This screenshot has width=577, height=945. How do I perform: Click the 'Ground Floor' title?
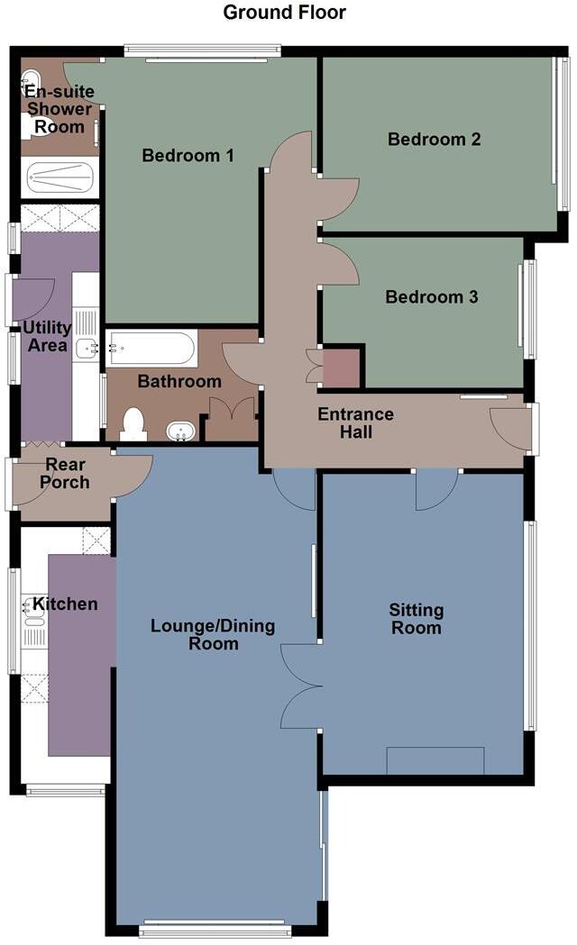[x=284, y=13]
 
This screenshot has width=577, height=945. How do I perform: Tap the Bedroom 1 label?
[x=188, y=156]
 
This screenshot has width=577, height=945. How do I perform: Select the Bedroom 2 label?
[x=434, y=139]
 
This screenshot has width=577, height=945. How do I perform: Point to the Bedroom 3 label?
[x=431, y=296]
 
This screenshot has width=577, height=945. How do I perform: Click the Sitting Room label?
[x=416, y=619]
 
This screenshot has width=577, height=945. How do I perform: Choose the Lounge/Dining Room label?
[x=213, y=634]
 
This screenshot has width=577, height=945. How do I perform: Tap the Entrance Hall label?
[x=355, y=423]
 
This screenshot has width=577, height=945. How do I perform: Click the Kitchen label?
[x=65, y=604]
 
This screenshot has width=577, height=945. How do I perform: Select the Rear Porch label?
[x=64, y=473]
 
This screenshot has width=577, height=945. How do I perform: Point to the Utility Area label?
[x=48, y=335]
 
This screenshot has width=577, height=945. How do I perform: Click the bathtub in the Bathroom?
[x=151, y=349]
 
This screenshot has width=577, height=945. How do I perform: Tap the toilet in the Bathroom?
[x=133, y=423]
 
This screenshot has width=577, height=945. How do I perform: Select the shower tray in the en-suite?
[x=60, y=177]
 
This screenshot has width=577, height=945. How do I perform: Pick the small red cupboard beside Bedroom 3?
[x=341, y=368]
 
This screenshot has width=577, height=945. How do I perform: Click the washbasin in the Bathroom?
[x=180, y=432]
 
